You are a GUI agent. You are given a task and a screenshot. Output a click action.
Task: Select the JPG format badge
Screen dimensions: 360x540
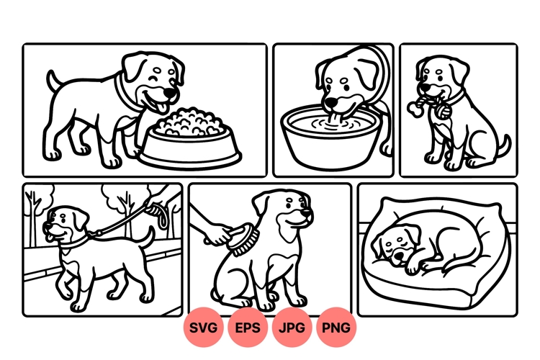(x=292, y=328)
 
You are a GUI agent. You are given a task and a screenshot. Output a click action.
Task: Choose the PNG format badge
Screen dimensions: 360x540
(x=336, y=328)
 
